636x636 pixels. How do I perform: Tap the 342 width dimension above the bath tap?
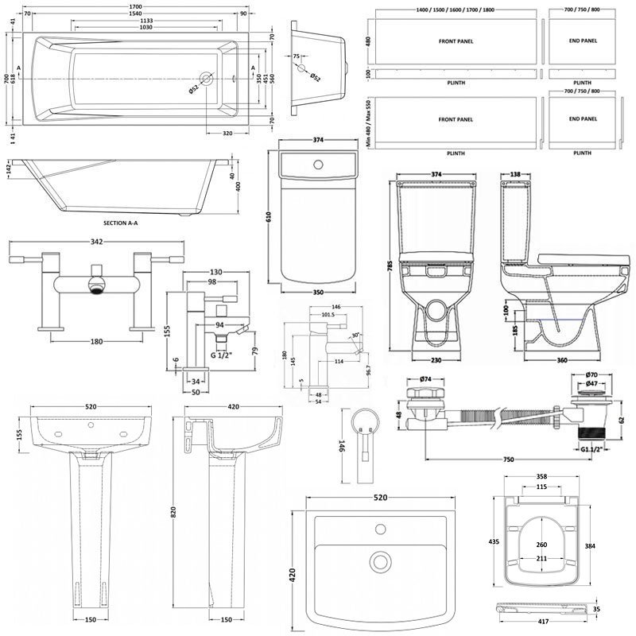click(x=97, y=240)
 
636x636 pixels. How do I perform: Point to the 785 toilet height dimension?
click(x=390, y=269)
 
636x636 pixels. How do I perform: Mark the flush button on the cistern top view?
click(x=318, y=165)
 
